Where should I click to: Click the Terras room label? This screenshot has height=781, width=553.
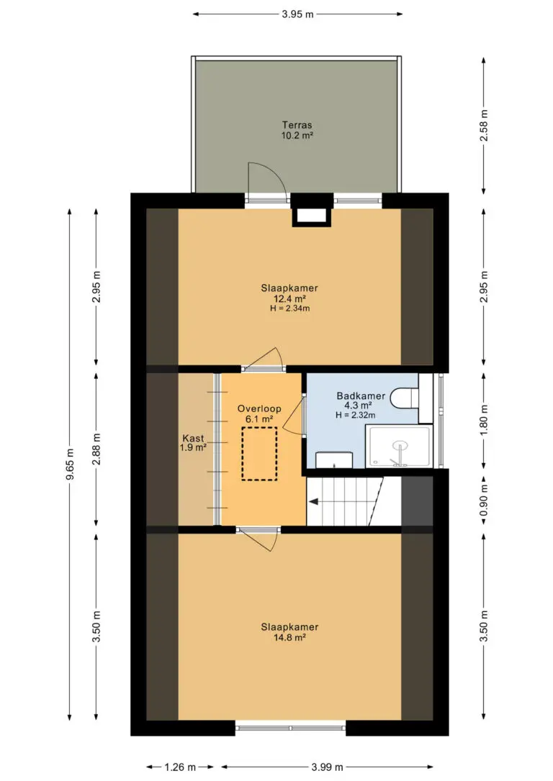(x=297, y=125)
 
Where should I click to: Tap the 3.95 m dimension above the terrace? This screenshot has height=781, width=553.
(x=297, y=14)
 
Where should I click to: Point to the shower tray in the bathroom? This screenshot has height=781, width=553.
(x=398, y=447)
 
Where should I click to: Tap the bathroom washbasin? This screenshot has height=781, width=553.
(x=335, y=460)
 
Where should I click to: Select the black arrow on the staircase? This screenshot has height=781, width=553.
(x=314, y=501)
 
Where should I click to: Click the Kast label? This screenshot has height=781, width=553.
(x=193, y=438)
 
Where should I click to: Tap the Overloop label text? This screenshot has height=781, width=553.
(x=259, y=408)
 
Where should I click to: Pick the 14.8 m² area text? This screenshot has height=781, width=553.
(x=289, y=637)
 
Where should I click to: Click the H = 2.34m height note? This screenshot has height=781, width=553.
(x=289, y=309)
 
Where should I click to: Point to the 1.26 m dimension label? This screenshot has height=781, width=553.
(x=180, y=767)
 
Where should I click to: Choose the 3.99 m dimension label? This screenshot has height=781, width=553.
(x=327, y=767)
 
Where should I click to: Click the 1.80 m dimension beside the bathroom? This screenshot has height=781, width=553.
(x=483, y=420)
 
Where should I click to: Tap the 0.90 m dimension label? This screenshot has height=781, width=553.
(x=483, y=501)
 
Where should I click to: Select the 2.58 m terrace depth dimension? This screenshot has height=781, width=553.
(x=483, y=126)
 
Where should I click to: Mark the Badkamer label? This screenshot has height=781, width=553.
(x=361, y=396)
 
